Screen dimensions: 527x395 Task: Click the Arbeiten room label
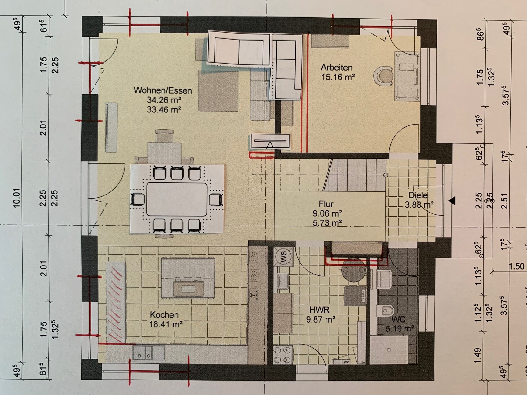tap(336, 67)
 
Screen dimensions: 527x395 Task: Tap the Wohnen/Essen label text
tap(163, 90)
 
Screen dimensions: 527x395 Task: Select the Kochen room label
tap(164, 314)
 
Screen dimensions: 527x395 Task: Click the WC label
tap(398, 319)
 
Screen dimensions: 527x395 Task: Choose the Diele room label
tap(418, 195)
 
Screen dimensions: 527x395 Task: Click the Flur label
tap(326, 204)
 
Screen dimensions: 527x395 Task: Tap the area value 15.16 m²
tap(338, 77)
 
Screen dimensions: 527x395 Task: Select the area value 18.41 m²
tap(166, 324)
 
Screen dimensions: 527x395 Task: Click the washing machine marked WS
tap(284, 257)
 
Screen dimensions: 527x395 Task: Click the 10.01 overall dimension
tap(16, 198)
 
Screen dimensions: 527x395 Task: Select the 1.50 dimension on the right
tap(516, 266)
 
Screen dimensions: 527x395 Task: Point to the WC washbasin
tap(384, 278)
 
